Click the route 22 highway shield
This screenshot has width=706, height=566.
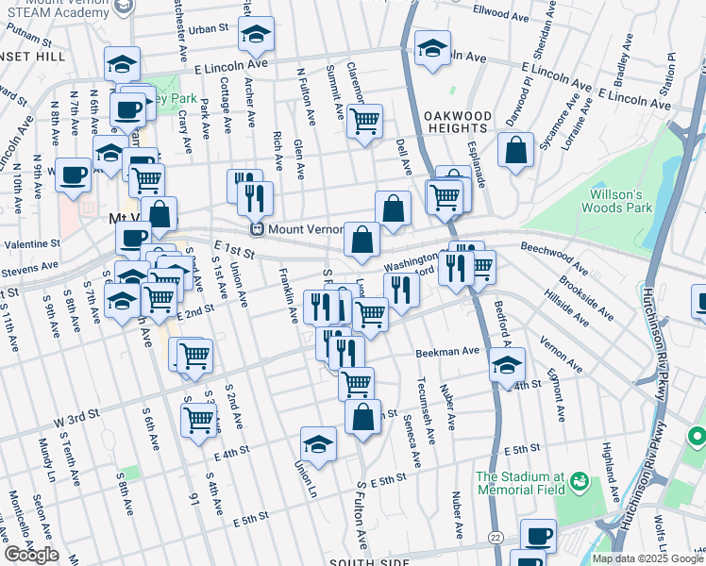(495, 537)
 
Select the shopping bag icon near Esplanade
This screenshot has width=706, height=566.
(515, 150)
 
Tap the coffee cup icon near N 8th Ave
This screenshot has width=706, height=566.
(73, 175)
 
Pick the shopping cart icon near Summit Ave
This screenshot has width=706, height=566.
(364, 121)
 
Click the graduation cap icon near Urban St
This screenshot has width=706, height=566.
(255, 35)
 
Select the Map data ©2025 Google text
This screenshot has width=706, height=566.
(647, 558)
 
